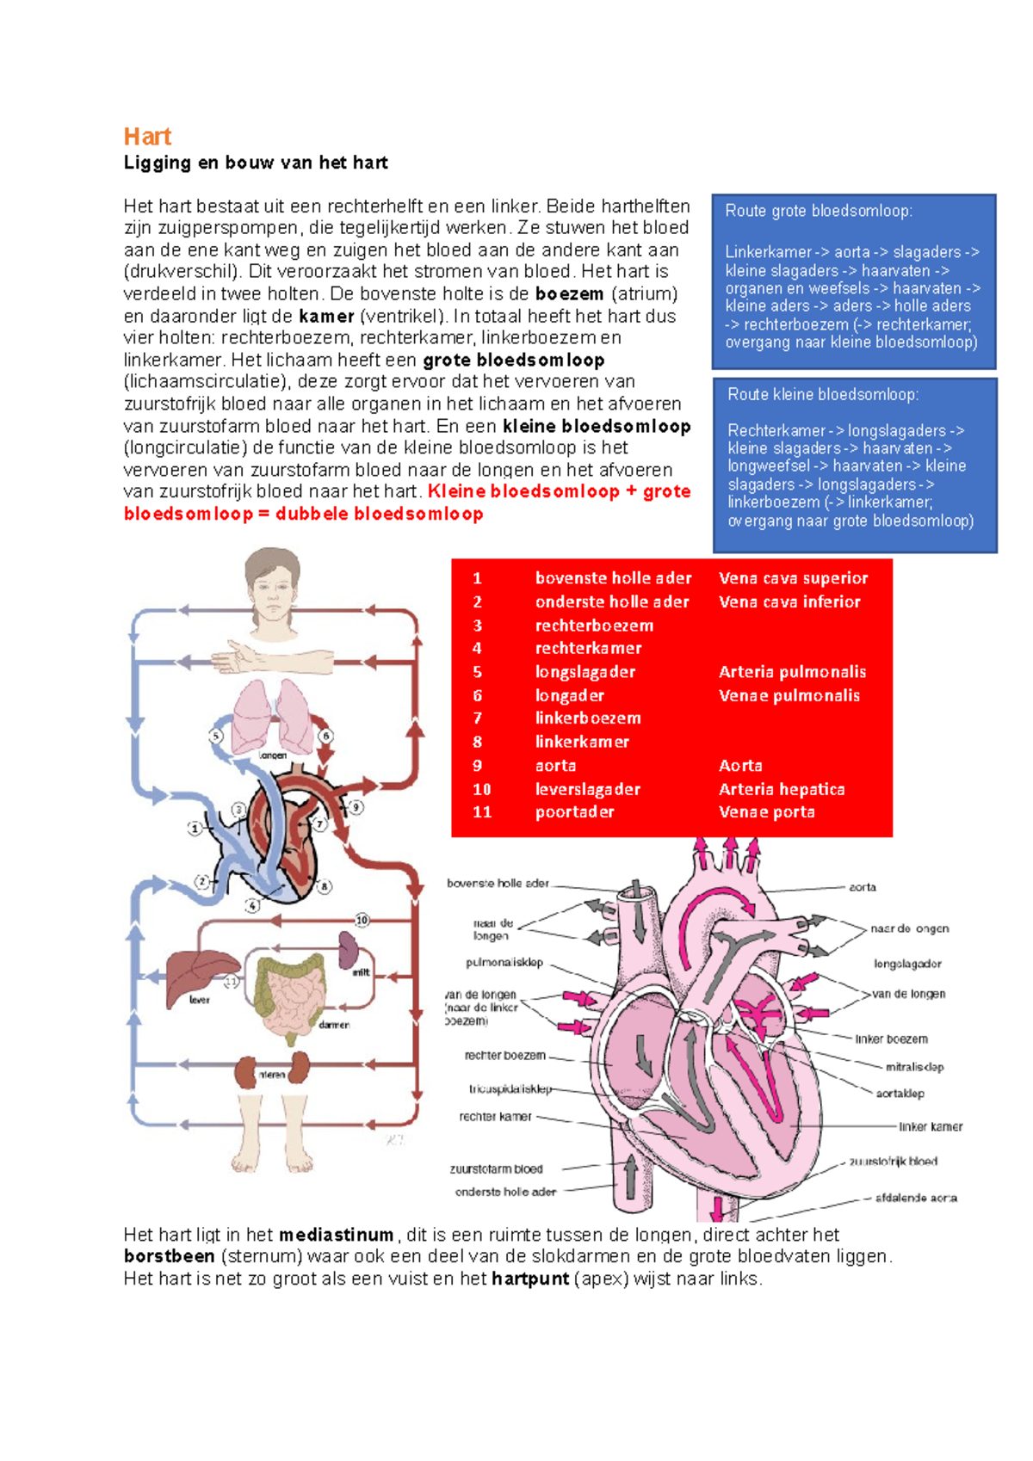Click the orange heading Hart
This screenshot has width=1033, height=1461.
point(147,137)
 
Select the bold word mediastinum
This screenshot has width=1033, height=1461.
point(336,1235)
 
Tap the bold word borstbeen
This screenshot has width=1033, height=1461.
point(169,1256)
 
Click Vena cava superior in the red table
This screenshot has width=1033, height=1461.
point(793,578)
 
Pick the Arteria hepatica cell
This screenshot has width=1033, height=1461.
point(782,789)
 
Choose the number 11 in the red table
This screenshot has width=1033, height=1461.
point(482,811)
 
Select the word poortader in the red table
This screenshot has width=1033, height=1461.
point(575,811)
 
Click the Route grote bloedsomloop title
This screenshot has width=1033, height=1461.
point(819,211)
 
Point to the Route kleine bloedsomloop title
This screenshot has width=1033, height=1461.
point(823,395)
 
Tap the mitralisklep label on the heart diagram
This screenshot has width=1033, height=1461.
point(914,1067)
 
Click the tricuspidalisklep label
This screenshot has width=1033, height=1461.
point(510,1089)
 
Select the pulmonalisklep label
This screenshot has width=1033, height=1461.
point(504,963)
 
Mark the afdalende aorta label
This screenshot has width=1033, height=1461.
point(916,1198)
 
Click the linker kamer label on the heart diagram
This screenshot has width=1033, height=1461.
point(931,1126)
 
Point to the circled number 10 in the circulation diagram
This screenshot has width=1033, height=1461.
point(362,920)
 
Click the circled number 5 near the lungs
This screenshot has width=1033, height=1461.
point(216,736)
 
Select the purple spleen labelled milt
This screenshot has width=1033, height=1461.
point(349,950)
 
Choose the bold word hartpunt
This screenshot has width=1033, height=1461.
point(530,1279)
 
